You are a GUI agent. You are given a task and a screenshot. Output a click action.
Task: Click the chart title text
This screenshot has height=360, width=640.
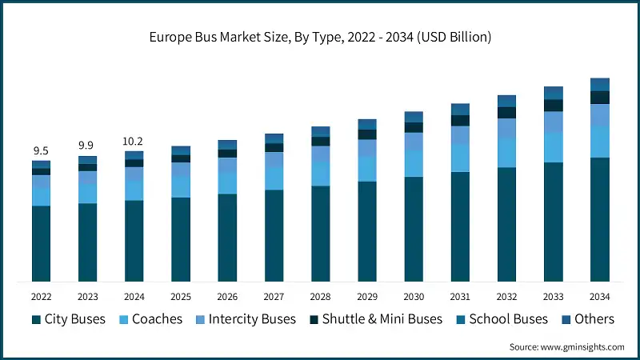coord(320,38)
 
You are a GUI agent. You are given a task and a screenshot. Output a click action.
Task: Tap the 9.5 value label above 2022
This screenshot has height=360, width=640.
coord(41,151)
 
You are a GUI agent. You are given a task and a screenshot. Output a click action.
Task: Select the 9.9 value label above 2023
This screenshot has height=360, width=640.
coord(87,146)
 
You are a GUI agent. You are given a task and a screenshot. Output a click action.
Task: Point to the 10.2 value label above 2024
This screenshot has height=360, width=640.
coord(134,141)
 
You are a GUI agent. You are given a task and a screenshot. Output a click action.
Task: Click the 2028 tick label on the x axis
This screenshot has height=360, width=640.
coord(320,295)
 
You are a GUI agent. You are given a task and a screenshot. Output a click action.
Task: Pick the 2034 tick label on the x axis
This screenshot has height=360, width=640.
coord(599,295)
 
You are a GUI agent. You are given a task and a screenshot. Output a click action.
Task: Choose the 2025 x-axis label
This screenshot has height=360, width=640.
coord(180,295)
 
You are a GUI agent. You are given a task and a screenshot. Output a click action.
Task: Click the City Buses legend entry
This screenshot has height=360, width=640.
coord(71,318)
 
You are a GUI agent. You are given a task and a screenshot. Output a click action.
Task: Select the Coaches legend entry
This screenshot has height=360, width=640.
coord(150,318)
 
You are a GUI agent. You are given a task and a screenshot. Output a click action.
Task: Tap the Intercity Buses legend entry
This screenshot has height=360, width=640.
coord(244,318)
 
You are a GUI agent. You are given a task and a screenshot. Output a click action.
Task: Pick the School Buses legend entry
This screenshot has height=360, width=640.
coord(502,318)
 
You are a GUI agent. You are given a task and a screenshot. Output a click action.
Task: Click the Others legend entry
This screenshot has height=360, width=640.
coord(586,318)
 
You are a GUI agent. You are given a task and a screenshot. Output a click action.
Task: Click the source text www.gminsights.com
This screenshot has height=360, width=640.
coord(566,346)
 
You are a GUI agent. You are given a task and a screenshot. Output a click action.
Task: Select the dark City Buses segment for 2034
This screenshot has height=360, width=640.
coord(599,219)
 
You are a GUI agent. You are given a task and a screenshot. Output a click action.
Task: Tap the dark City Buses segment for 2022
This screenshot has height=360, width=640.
coord(41,243)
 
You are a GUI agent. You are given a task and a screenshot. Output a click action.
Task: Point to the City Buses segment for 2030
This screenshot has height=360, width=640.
coord(413,229)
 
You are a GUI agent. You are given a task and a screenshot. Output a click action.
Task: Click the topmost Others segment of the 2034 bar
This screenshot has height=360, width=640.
coord(599,84)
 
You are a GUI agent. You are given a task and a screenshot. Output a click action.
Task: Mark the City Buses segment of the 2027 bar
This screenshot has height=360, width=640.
coord(274,235)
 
